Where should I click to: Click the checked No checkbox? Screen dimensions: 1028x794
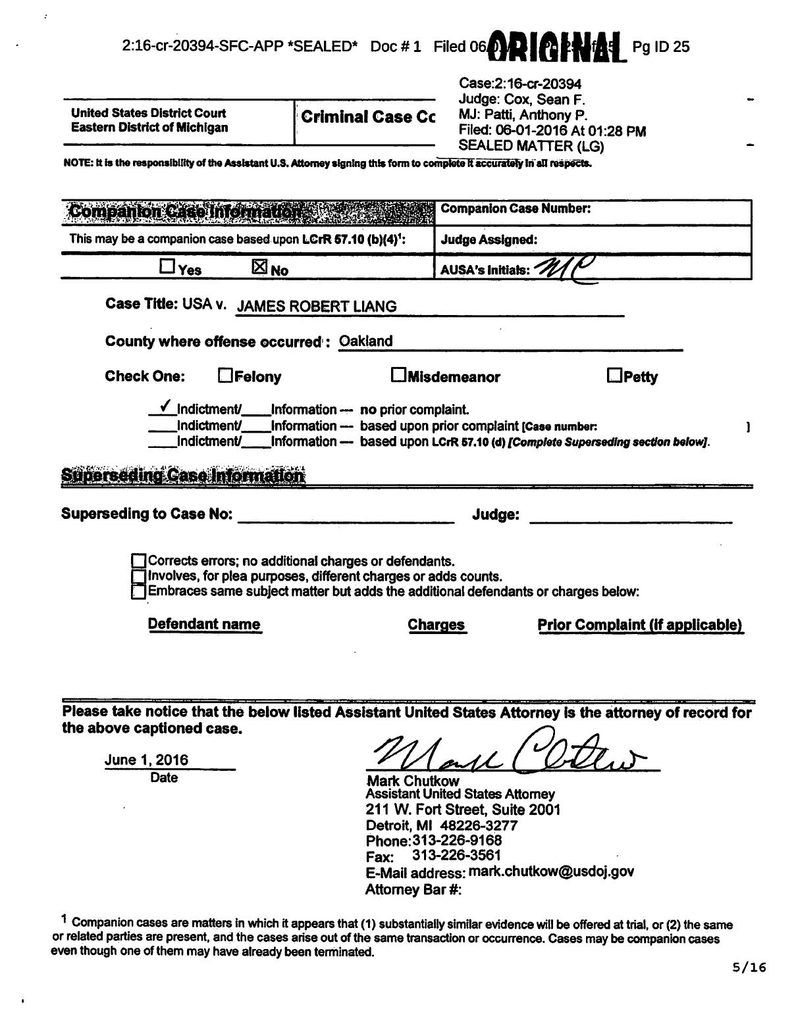[260, 266]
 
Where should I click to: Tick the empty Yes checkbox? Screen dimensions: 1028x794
[167, 266]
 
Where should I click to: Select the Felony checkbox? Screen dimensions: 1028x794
[225, 376]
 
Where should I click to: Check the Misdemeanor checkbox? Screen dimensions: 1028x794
[398, 375]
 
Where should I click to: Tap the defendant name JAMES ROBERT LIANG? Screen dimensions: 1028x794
[317, 306]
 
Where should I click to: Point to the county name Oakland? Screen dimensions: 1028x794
[365, 341]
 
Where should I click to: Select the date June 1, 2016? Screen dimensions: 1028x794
[146, 760]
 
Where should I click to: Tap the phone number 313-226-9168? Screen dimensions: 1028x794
[457, 841]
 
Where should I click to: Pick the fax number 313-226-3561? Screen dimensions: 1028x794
[456, 856]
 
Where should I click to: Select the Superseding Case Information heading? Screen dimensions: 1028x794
[183, 476]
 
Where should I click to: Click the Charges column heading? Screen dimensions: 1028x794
[436, 625]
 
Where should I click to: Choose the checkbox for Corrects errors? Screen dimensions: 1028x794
[138, 561]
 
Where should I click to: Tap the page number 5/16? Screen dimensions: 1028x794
[749, 967]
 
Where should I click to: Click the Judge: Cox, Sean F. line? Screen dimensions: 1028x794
[521, 99]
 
